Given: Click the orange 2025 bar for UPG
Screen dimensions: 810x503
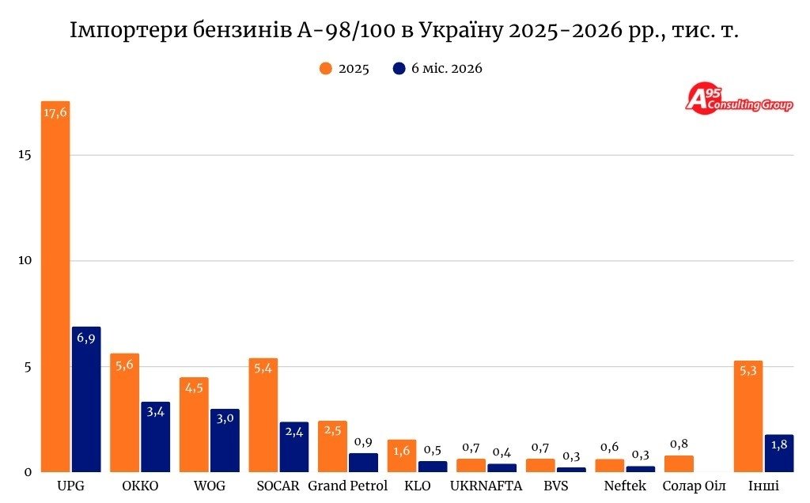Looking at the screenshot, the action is click(x=55, y=286).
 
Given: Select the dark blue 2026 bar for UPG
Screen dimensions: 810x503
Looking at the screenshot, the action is click(x=86, y=399).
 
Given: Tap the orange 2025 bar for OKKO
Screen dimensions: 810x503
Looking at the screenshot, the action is click(x=124, y=413).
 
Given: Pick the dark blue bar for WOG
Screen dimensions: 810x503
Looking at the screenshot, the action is click(x=225, y=441).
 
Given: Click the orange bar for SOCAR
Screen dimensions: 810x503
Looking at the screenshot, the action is click(x=263, y=415).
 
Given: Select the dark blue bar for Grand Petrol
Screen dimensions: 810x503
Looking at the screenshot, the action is click(x=363, y=463).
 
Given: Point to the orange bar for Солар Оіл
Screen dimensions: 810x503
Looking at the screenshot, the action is click(x=679, y=463).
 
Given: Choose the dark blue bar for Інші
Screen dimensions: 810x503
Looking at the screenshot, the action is click(x=779, y=453).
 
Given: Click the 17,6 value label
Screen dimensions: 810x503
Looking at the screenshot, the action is click(x=55, y=112).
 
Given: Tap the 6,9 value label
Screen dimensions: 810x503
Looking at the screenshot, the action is click(x=86, y=338).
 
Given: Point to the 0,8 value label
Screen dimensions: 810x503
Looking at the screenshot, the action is click(x=679, y=444).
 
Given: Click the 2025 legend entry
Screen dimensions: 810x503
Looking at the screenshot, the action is click(x=345, y=69).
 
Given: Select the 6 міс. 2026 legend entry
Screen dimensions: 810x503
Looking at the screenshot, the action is click(x=437, y=69).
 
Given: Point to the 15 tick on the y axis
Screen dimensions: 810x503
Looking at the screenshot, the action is click(x=25, y=155).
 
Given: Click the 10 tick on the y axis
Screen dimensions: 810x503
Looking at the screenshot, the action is click(x=25, y=260).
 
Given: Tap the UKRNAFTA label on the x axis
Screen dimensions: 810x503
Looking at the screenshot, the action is click(x=486, y=486).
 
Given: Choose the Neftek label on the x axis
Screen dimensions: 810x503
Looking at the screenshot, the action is click(x=625, y=486).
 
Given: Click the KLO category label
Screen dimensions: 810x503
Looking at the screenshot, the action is click(x=418, y=486).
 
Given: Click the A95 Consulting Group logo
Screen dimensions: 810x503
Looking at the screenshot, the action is click(x=740, y=100).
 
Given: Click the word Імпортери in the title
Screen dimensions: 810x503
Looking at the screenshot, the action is click(x=128, y=31).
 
